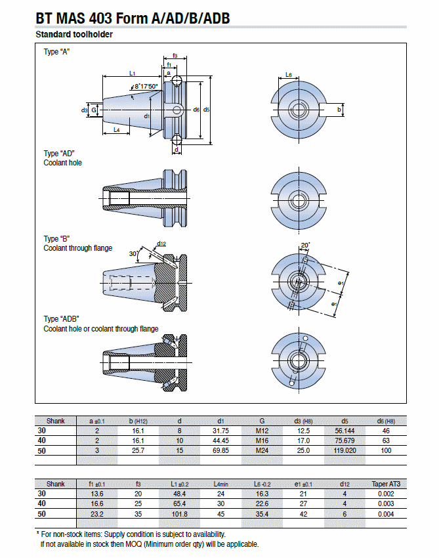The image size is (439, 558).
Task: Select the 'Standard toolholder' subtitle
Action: tap(73, 34)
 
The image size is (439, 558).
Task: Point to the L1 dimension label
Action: tap(132, 73)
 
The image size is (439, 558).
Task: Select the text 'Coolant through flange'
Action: tap(77, 248)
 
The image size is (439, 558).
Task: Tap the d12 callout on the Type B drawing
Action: tap(161, 244)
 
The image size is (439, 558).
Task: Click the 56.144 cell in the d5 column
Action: tap(345, 431)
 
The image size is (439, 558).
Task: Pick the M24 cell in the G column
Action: tap(262, 450)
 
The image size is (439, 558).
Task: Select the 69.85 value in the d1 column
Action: tap(220, 450)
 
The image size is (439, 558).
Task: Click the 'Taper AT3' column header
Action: tap(386, 484)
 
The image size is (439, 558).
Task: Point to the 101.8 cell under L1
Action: tap(179, 513)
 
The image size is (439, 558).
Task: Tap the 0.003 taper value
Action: tap(386, 504)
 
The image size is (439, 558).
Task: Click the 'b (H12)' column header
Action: tap(138, 421)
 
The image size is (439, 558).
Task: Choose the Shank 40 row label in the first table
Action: tap(42, 440)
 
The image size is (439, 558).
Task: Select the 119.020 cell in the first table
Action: tap(345, 450)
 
